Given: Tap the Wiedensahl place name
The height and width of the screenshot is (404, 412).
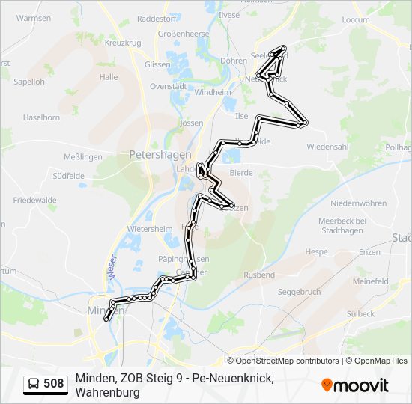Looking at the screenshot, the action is pos(327,147).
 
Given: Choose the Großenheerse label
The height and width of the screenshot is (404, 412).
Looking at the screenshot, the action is pos(184,34).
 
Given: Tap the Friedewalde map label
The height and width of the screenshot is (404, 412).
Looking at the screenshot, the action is pos(35,201).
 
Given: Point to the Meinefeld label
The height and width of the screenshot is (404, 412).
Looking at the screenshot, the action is pos(370,281).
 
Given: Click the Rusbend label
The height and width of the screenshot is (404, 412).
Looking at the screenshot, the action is pos(259,275).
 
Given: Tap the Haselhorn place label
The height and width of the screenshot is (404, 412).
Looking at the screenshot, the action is pos(41,118).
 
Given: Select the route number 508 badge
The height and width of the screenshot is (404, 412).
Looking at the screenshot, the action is pos(53,384).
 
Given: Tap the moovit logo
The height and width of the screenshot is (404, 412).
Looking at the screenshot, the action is pos(355,385).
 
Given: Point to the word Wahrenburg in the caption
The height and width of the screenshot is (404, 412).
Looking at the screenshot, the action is pos(107,392).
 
